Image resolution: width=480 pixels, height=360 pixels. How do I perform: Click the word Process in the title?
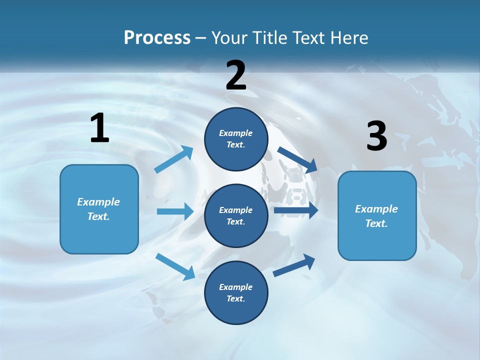[157, 38]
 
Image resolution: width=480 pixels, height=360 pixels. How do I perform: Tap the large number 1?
[99, 128]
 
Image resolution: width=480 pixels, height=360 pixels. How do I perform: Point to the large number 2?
[236, 75]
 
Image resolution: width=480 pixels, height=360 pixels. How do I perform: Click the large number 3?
[376, 136]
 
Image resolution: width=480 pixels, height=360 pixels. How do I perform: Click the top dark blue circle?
[236, 139]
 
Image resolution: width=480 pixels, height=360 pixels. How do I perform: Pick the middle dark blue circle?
[236, 215]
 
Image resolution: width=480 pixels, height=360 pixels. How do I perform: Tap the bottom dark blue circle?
[236, 292]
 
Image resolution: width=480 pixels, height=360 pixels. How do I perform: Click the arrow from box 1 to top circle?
[174, 159]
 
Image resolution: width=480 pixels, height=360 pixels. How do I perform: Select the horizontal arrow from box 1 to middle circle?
[175, 211]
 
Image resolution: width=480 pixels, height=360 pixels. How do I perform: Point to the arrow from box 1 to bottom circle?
[175, 266]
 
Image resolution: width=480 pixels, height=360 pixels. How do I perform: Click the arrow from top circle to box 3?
[297, 159]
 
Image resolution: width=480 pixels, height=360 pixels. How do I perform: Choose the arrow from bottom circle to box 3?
[294, 265]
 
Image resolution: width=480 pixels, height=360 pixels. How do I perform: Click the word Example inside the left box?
[98, 202]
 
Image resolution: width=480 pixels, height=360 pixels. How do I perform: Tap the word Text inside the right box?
[376, 223]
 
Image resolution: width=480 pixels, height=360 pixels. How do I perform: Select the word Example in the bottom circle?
[235, 287]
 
